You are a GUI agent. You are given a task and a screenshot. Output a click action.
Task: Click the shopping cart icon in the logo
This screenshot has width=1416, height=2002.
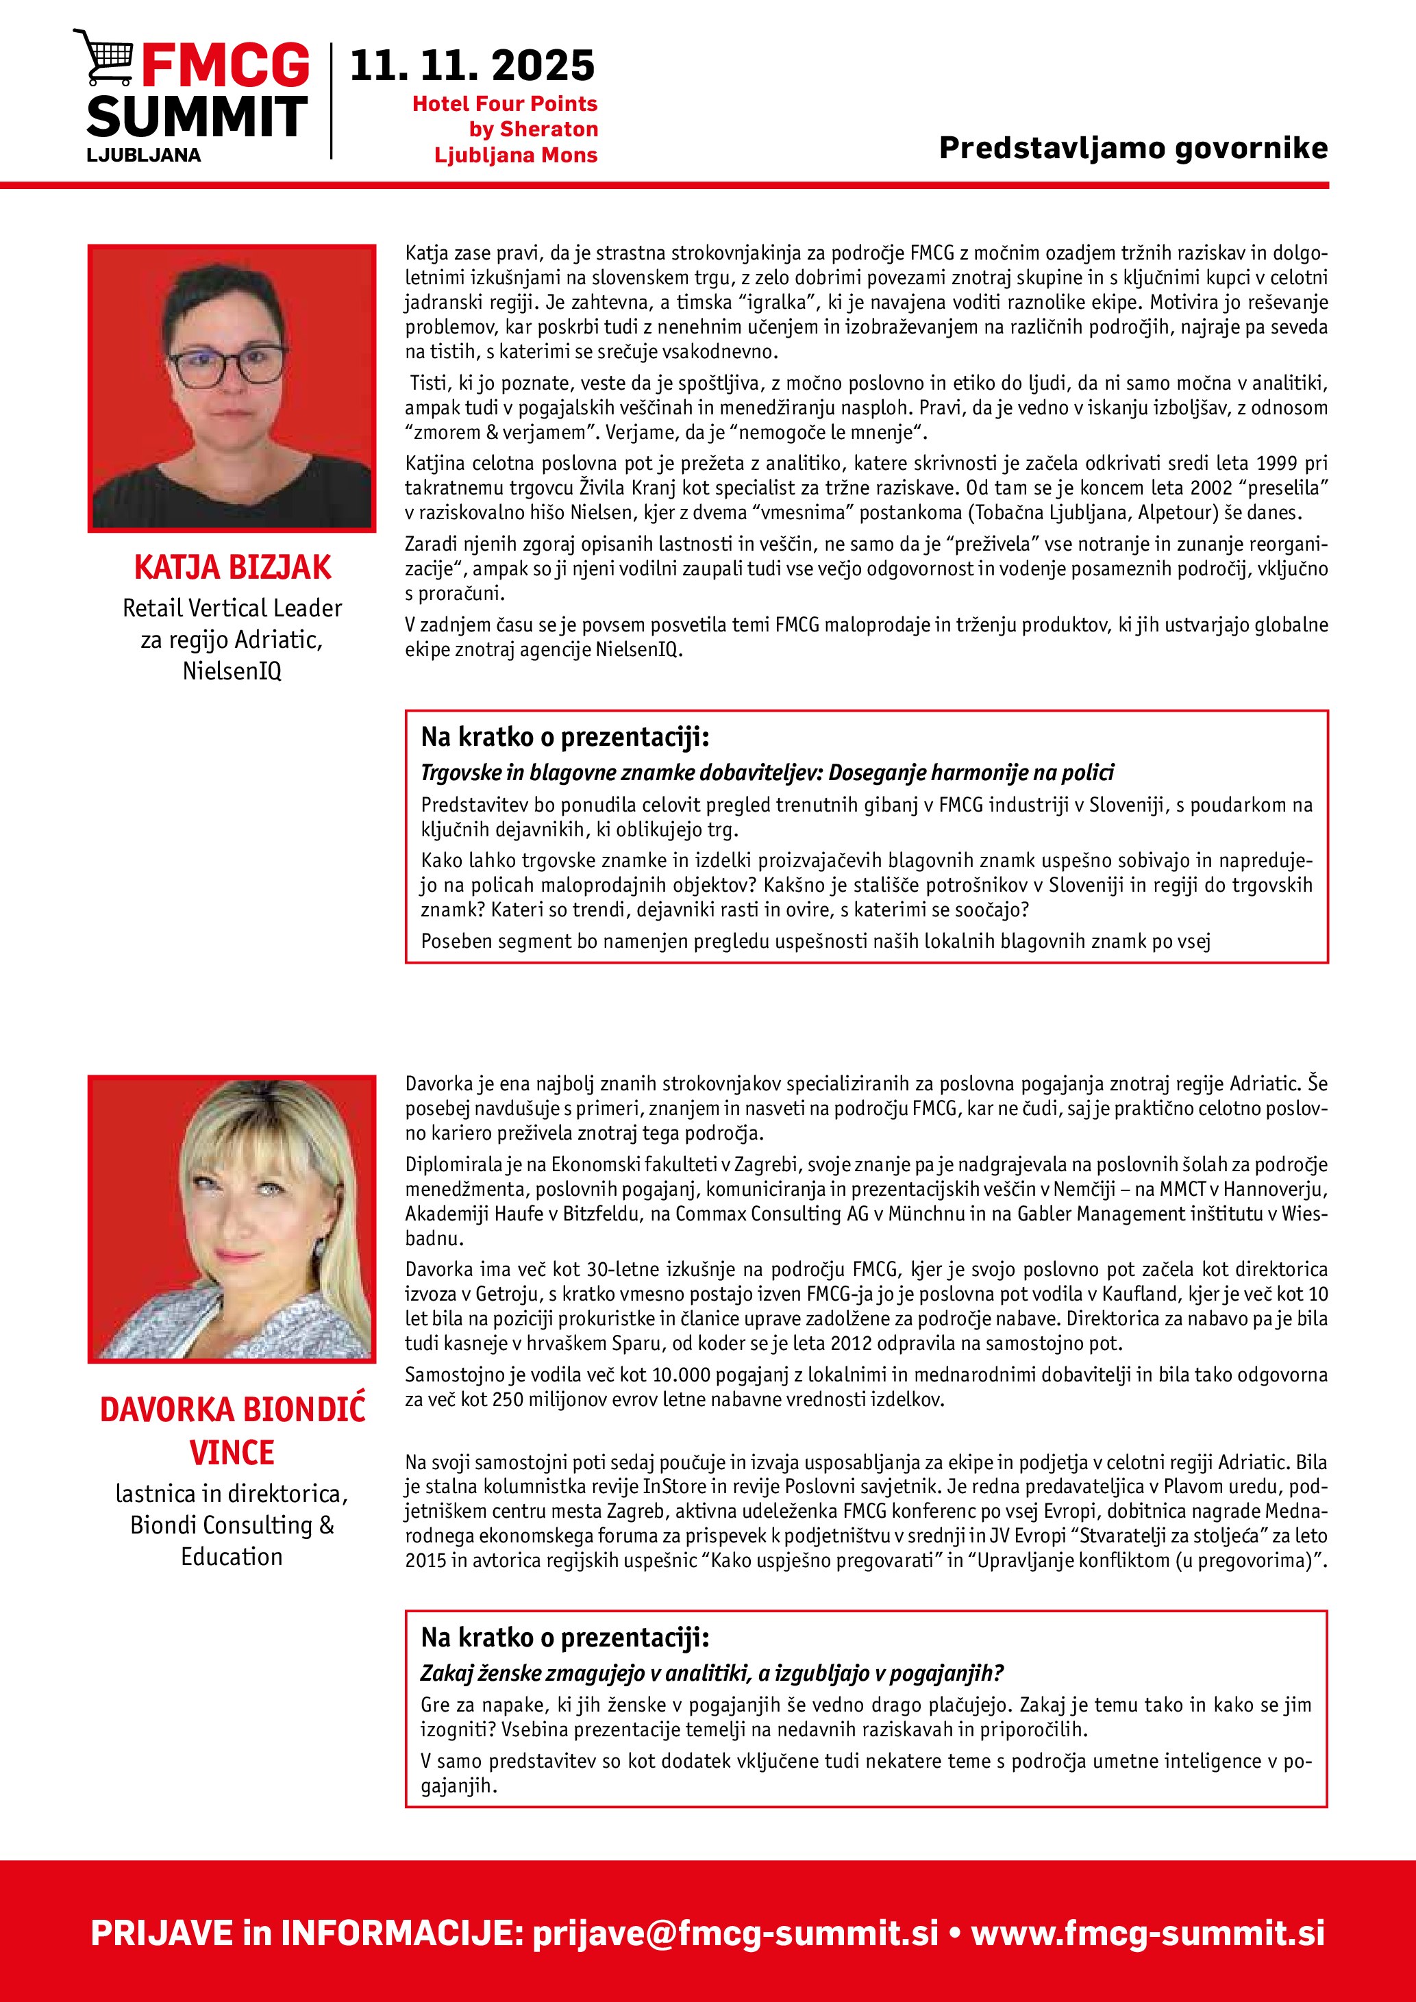point(102,58)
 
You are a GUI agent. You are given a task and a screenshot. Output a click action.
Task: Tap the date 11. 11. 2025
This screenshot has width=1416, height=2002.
point(472,66)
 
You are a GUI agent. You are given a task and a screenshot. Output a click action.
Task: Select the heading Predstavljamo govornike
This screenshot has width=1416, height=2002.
point(1132,147)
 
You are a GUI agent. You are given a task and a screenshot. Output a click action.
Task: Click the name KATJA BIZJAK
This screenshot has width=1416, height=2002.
point(232,568)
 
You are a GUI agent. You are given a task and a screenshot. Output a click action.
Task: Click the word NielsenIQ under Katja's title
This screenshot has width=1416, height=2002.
point(232,671)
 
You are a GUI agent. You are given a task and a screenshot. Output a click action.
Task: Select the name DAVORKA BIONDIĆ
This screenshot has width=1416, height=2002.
point(232,1410)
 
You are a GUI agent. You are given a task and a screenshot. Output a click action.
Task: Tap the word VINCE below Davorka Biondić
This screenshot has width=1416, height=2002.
point(232,1453)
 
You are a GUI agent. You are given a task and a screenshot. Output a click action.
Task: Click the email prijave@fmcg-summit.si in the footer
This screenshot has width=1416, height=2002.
point(735,1933)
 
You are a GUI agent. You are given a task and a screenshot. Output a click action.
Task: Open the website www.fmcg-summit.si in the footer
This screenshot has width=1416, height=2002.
point(1147,1933)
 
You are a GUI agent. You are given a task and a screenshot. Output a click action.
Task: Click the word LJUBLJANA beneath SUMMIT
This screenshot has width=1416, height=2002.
point(144,155)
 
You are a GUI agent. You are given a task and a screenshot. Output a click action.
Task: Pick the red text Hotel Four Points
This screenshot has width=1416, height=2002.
point(504,103)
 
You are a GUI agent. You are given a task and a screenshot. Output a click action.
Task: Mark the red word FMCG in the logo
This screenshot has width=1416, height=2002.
point(225,66)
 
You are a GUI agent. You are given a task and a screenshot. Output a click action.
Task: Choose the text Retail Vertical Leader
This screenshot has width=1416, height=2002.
point(232,608)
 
